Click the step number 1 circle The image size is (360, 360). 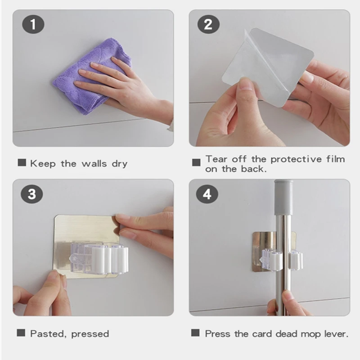[x=33, y=24]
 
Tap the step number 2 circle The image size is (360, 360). [x=208, y=24]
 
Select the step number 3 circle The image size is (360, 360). [x=32, y=194]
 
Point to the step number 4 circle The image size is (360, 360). [x=207, y=194]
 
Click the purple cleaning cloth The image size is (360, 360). [x=92, y=76]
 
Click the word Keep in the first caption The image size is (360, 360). [x=43, y=164]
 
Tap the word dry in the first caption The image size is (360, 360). [x=119, y=164]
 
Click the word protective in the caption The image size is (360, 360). [x=296, y=159]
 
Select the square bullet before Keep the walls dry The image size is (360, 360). [x=22, y=162]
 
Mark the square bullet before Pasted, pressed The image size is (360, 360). [x=21, y=333]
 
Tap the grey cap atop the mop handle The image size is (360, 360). [x=284, y=198]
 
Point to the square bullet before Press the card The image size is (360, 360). [x=195, y=333]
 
